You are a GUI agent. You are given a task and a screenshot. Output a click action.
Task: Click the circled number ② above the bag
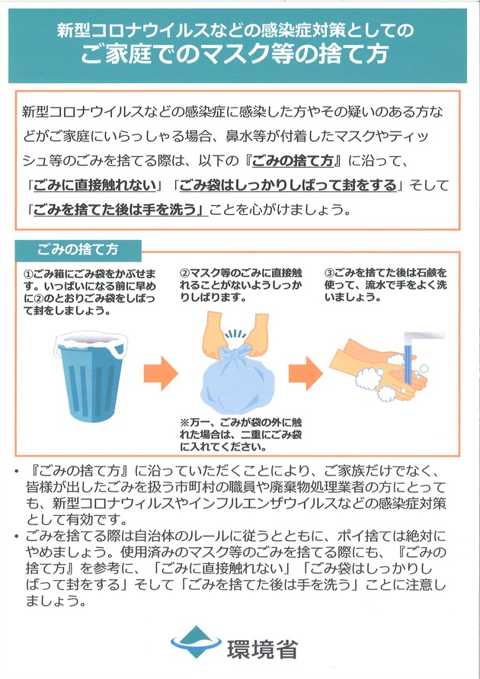(x=184, y=272)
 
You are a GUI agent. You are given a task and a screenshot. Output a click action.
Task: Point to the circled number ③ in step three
(x=329, y=272)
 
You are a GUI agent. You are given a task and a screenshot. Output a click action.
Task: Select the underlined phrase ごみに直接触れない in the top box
(x=95, y=185)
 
